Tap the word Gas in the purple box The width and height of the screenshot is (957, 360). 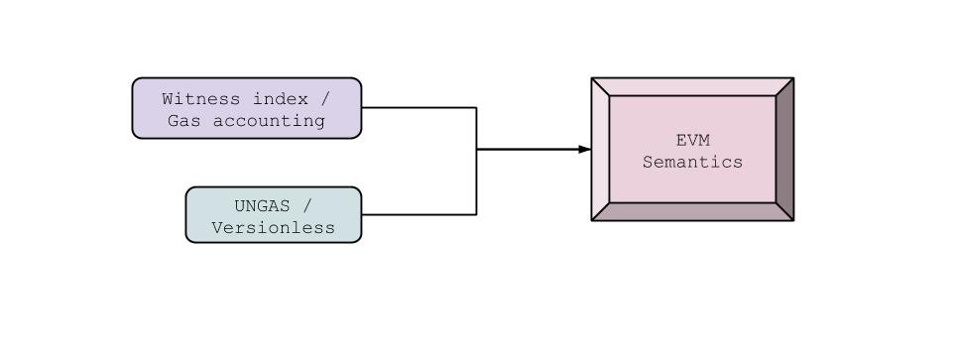(x=182, y=121)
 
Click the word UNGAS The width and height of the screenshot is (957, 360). (x=262, y=206)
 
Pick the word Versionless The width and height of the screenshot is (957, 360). (x=274, y=228)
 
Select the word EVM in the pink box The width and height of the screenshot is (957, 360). (x=692, y=140)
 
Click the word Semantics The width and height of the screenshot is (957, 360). (x=692, y=162)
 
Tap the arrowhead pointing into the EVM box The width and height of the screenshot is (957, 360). (x=585, y=150)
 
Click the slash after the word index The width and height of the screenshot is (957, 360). (x=325, y=99)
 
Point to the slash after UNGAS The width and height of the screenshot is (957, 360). (x=306, y=206)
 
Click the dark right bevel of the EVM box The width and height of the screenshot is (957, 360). (x=784, y=149)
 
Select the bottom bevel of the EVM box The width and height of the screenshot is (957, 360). (x=692, y=211)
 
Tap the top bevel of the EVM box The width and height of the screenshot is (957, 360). (x=692, y=86)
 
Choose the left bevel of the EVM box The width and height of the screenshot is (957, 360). (x=600, y=149)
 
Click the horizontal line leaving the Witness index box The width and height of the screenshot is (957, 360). (x=417, y=107)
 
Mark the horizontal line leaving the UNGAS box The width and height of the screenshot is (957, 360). (x=417, y=214)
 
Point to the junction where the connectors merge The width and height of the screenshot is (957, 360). (x=477, y=150)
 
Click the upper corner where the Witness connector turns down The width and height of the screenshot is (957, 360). (x=477, y=107)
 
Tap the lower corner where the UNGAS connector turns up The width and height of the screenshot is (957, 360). (x=477, y=214)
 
